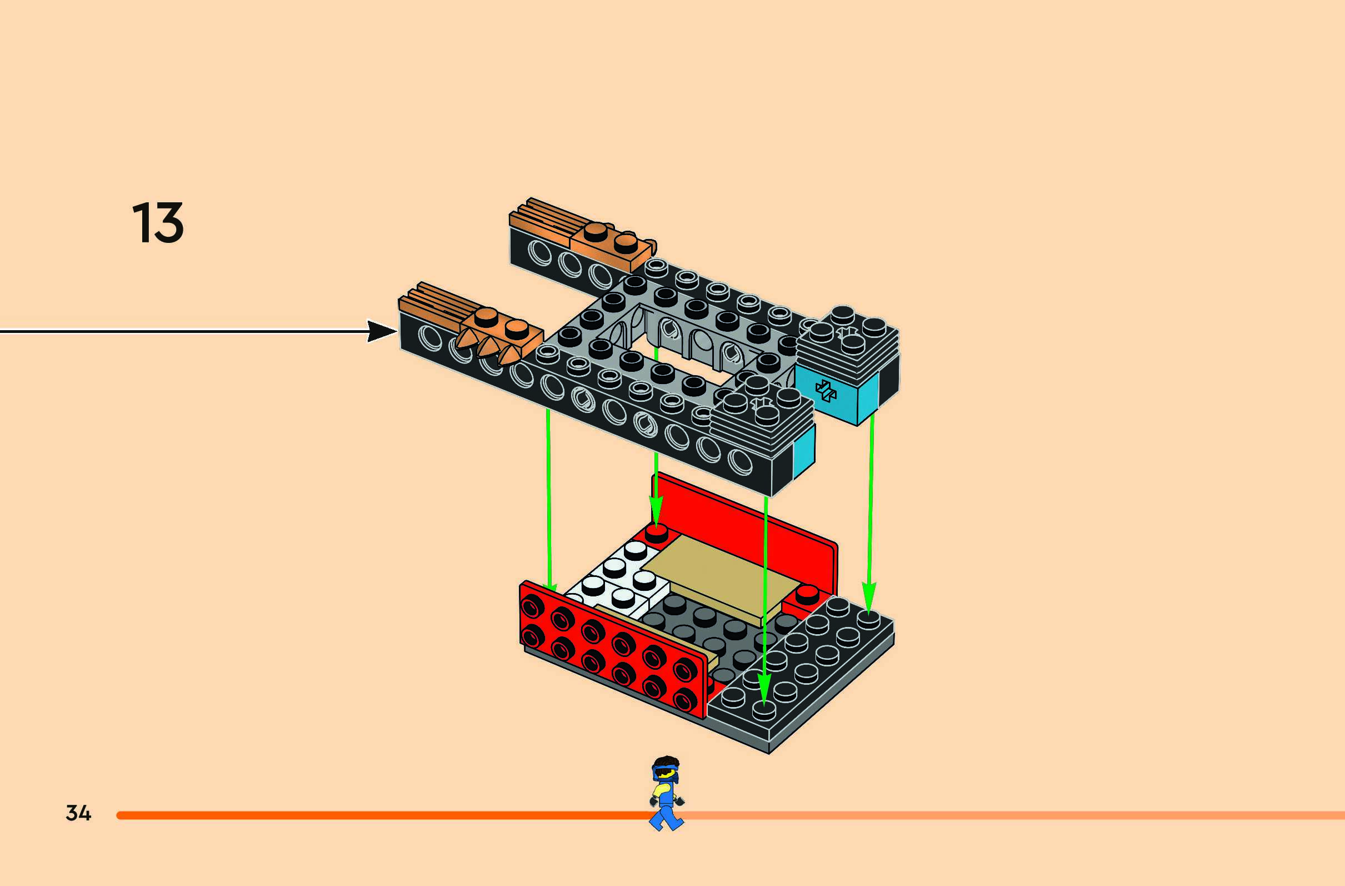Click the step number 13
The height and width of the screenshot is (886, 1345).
click(x=158, y=223)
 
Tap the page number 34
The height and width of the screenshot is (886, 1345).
click(x=78, y=813)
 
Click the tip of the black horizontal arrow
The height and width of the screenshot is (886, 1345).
click(x=396, y=331)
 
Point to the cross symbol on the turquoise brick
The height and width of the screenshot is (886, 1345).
click(x=826, y=390)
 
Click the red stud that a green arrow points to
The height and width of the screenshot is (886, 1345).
click(x=656, y=532)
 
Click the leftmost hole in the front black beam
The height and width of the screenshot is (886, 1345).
click(x=431, y=337)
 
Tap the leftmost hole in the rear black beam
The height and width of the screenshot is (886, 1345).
click(x=537, y=250)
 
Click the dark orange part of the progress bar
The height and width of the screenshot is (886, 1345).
click(x=384, y=815)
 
